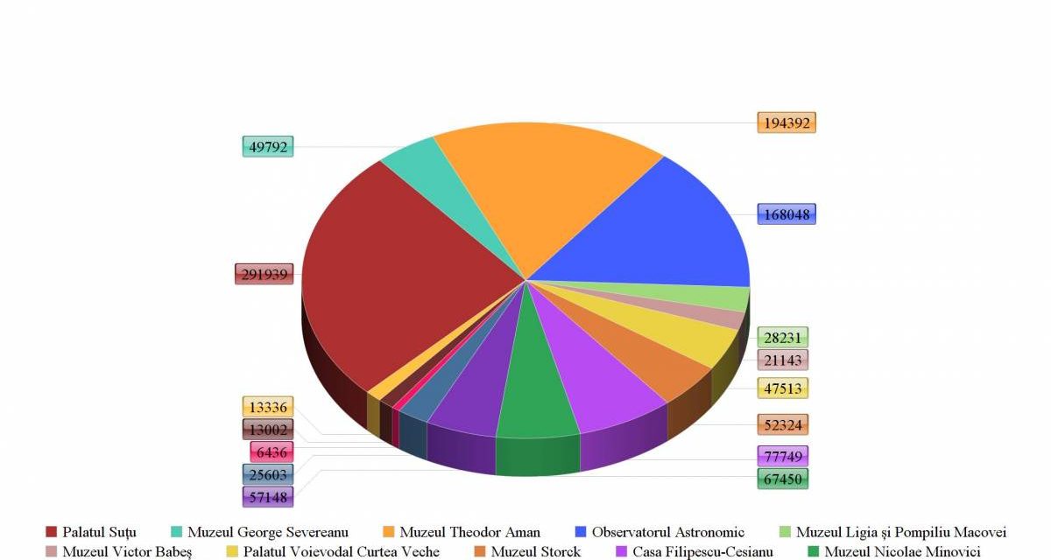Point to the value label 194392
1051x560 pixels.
click(x=786, y=122)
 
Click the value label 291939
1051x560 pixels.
click(x=265, y=274)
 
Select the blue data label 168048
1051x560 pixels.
click(x=786, y=214)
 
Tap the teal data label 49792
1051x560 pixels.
click(x=268, y=147)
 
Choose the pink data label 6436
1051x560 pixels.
click(x=272, y=452)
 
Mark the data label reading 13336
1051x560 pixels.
click(x=268, y=407)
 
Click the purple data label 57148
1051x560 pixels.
click(x=268, y=497)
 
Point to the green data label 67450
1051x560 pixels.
click(x=783, y=479)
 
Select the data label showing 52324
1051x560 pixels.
click(x=783, y=425)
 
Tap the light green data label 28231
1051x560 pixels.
click(x=783, y=338)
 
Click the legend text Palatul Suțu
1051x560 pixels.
click(x=99, y=532)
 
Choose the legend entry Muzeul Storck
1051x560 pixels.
click(x=527, y=551)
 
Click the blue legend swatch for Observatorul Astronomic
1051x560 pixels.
click(x=581, y=532)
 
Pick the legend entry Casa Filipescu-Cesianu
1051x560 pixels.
click(x=695, y=551)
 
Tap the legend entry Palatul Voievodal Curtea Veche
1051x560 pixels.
click(x=333, y=551)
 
